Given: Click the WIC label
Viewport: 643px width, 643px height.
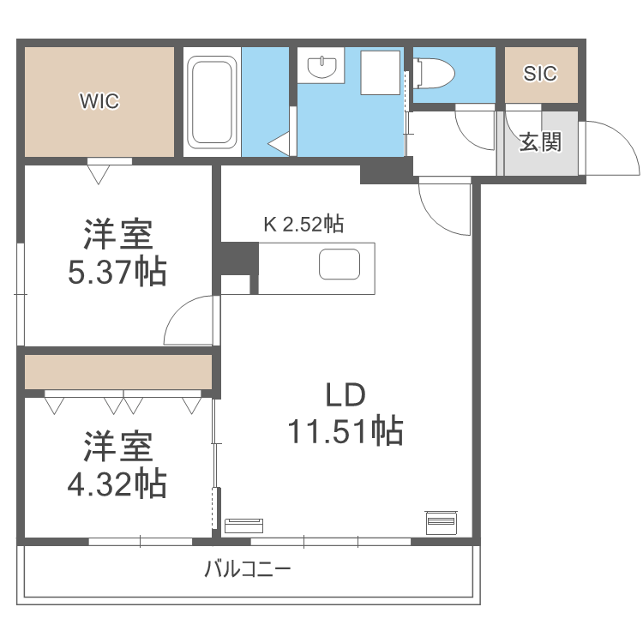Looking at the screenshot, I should [x=99, y=101].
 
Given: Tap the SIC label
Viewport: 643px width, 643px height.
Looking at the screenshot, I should [x=540, y=74].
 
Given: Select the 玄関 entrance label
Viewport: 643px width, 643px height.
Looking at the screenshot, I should [x=540, y=141].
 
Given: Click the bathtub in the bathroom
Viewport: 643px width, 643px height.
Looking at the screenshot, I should [x=212, y=101].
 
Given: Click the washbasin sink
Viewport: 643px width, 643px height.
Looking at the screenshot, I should [x=321, y=67].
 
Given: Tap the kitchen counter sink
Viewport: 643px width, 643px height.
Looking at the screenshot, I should [x=340, y=265].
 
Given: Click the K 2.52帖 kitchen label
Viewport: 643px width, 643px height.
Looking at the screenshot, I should [x=303, y=225].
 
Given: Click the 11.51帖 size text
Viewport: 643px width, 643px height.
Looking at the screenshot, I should [x=346, y=432].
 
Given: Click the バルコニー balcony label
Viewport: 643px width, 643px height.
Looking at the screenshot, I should [x=248, y=568].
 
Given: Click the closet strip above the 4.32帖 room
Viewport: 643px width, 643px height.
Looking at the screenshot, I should [x=117, y=372].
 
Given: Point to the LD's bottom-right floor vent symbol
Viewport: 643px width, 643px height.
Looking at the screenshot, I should [x=442, y=521].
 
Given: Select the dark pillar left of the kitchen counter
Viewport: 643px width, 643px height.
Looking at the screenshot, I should [x=237, y=257].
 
